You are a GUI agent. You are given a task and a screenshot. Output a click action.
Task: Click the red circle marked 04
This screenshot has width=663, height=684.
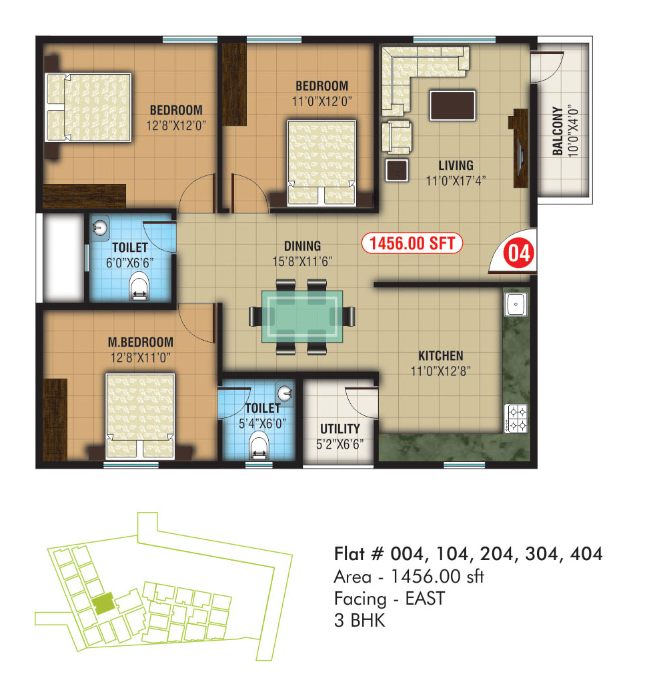pos(519,253)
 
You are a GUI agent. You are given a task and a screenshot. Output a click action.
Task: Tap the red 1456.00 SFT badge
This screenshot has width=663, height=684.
pos(412,243)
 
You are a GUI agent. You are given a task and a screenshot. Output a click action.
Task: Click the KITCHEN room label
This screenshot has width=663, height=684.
pos(441,356)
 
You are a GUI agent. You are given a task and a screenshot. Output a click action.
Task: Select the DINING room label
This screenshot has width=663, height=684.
pos(302,246)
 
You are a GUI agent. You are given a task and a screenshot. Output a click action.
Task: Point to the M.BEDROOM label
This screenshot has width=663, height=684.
pos(141,342)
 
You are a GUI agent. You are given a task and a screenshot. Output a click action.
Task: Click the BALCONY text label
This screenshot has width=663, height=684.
pos(557,131)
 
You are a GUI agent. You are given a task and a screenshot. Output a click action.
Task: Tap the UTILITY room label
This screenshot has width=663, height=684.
pos(340,429)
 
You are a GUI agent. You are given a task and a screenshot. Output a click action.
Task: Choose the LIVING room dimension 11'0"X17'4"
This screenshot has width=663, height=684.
pos(456,181)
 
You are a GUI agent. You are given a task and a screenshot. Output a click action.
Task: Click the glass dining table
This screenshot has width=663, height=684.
pos(302,316)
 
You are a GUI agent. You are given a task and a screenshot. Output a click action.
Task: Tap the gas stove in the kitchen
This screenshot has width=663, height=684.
pos(516,418)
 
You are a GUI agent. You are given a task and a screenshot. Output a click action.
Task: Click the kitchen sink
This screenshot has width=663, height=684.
pos(516,304)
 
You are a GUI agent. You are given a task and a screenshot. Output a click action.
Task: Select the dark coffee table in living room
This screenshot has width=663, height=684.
pos(452,105)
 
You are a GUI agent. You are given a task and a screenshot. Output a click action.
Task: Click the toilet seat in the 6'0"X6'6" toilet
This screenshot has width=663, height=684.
pos(139,287)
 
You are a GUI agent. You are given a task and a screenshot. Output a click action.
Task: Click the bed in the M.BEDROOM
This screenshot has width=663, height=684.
pos(140,416)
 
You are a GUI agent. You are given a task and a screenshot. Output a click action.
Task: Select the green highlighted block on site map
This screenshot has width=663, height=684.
pos(103,604)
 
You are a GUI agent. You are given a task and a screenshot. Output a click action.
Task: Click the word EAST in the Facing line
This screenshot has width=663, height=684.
pos(425,599)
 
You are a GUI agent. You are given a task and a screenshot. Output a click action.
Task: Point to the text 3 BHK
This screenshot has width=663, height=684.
pos(360,620)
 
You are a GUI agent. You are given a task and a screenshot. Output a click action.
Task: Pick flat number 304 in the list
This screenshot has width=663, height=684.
pos(541,554)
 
